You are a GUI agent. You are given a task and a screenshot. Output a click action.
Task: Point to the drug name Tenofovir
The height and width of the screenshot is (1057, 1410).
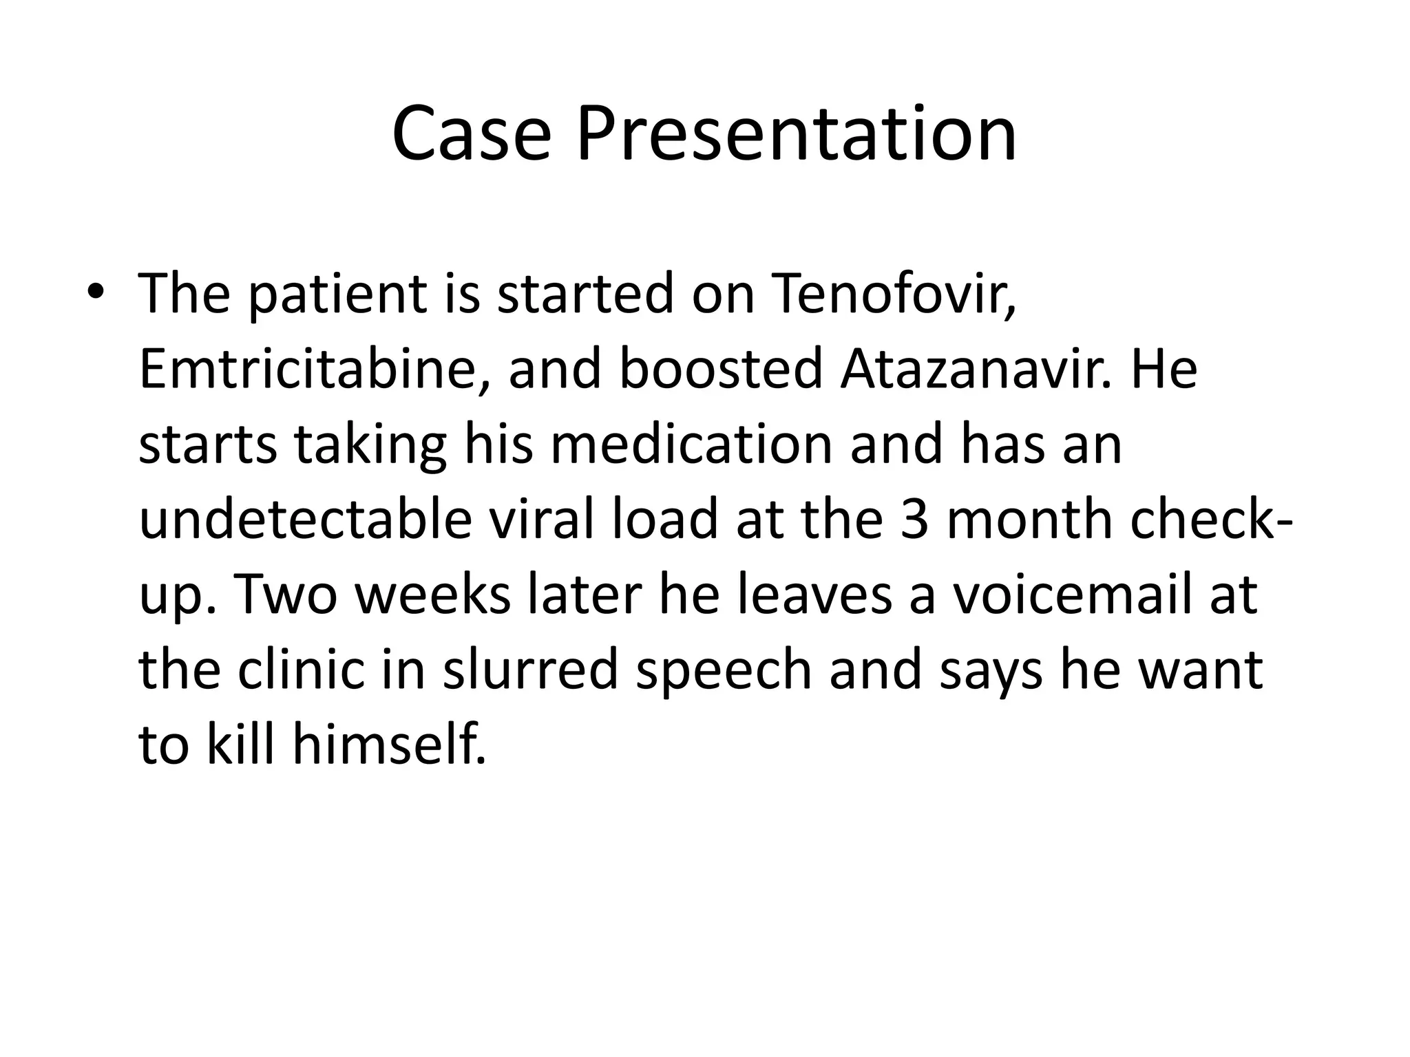895,295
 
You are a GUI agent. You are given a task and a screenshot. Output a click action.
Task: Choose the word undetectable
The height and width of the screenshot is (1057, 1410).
306,520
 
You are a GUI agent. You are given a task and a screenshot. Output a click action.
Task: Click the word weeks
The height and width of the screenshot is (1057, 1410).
433,595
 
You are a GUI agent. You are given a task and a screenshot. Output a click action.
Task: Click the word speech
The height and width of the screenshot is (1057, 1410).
724,671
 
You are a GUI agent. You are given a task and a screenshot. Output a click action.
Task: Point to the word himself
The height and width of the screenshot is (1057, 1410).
389,745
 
